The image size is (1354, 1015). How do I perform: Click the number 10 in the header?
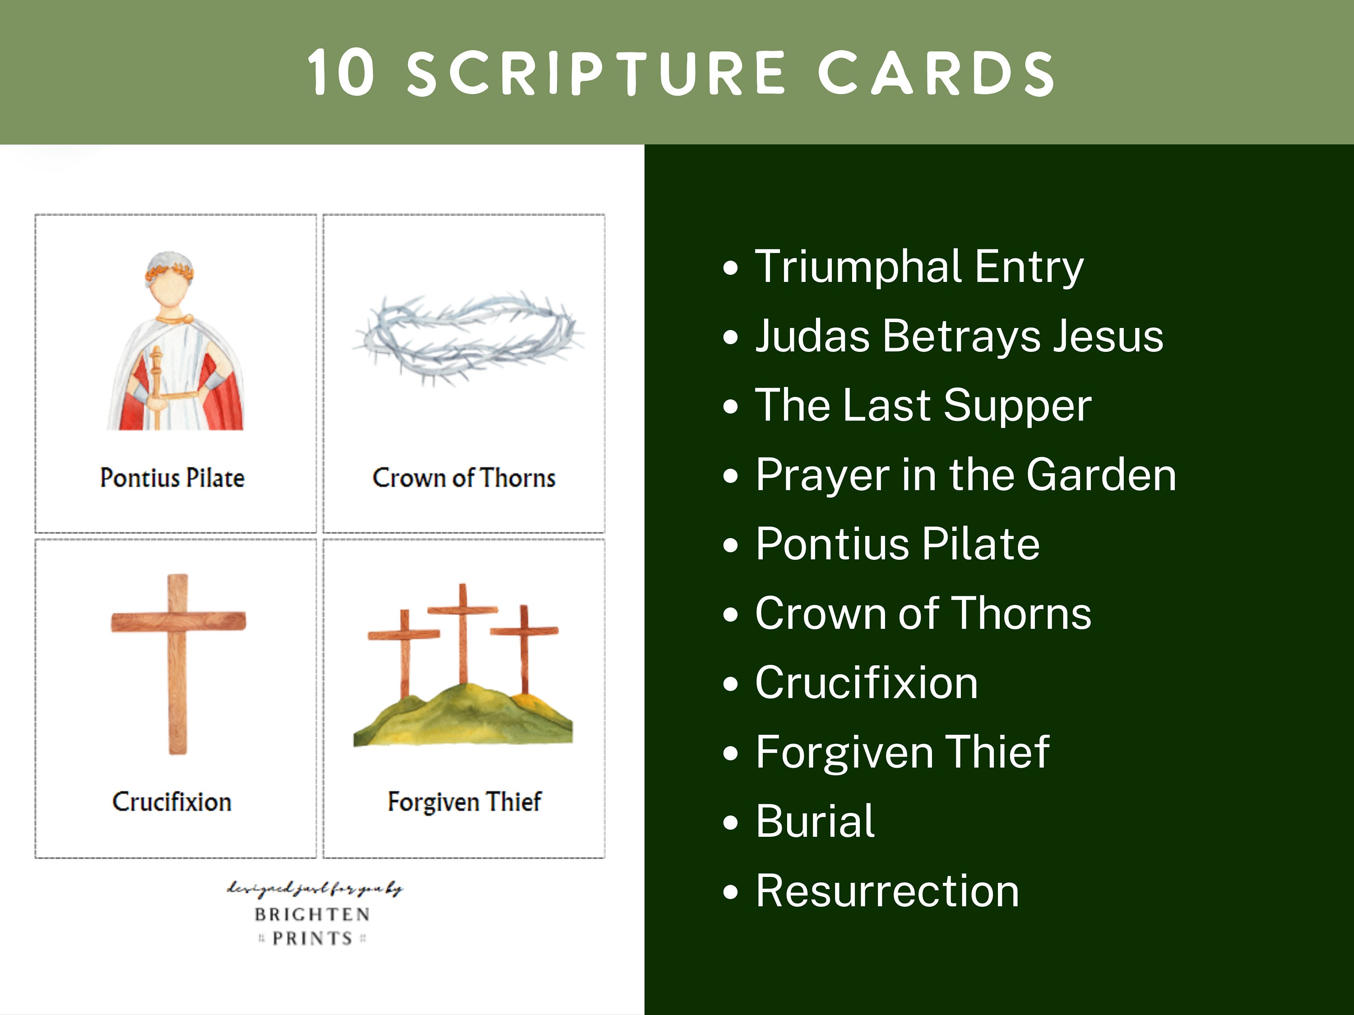[340, 74]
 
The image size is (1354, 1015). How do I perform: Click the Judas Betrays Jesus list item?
[959, 336]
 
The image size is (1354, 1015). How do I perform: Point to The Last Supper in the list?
[923, 405]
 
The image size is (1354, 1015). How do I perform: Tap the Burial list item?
[815, 821]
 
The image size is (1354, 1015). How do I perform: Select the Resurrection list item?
[887, 891]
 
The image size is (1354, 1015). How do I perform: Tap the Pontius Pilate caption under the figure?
[172, 478]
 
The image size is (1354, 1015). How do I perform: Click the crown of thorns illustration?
[468, 337]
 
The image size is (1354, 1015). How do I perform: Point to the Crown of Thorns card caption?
[464, 478]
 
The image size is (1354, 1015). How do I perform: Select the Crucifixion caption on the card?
[172, 802]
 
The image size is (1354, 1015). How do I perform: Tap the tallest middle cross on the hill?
[463, 630]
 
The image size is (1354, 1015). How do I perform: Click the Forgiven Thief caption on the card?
[464, 802]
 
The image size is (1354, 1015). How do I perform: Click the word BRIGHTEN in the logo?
[312, 914]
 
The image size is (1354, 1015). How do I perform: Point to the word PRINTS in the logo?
[312, 938]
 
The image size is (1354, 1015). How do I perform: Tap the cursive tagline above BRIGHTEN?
[315, 888]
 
